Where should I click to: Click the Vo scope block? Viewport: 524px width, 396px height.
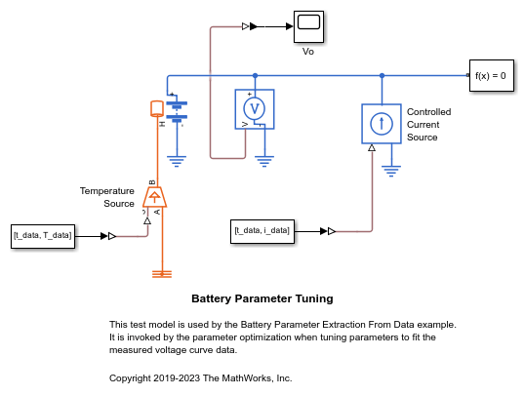pyautogui.click(x=308, y=26)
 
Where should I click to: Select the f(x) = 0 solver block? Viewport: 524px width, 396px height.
pyautogui.click(x=492, y=75)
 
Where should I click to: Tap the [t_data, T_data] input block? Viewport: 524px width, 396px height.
pyautogui.click(x=43, y=236)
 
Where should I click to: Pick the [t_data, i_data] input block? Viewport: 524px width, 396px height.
pyautogui.click(x=262, y=231)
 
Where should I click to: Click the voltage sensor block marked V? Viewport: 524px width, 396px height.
pyautogui.click(x=255, y=109)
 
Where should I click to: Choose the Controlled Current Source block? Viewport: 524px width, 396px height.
pyautogui.click(x=382, y=124)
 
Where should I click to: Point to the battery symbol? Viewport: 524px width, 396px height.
pyautogui.click(x=177, y=110)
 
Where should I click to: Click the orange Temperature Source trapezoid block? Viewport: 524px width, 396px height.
pyautogui.click(x=155, y=197)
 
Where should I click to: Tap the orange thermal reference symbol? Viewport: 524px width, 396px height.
pyautogui.click(x=162, y=274)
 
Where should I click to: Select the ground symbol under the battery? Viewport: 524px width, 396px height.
pyautogui.click(x=177, y=161)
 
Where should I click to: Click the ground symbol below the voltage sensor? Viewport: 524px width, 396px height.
pyautogui.click(x=264, y=161)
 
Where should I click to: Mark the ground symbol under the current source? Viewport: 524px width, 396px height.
pyautogui.click(x=391, y=172)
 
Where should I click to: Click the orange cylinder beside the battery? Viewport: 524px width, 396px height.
pyautogui.click(x=157, y=108)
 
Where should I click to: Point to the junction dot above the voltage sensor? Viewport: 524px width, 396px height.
pyautogui.click(x=255, y=75)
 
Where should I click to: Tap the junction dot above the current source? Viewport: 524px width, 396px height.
pyautogui.click(x=382, y=75)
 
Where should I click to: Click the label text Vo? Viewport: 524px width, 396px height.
pyautogui.click(x=308, y=52)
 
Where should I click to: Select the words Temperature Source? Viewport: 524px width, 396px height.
pyautogui.click(x=107, y=197)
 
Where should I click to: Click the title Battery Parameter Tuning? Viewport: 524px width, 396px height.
pyautogui.click(x=262, y=298)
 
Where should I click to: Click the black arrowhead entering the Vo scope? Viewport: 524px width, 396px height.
pyautogui.click(x=290, y=26)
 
